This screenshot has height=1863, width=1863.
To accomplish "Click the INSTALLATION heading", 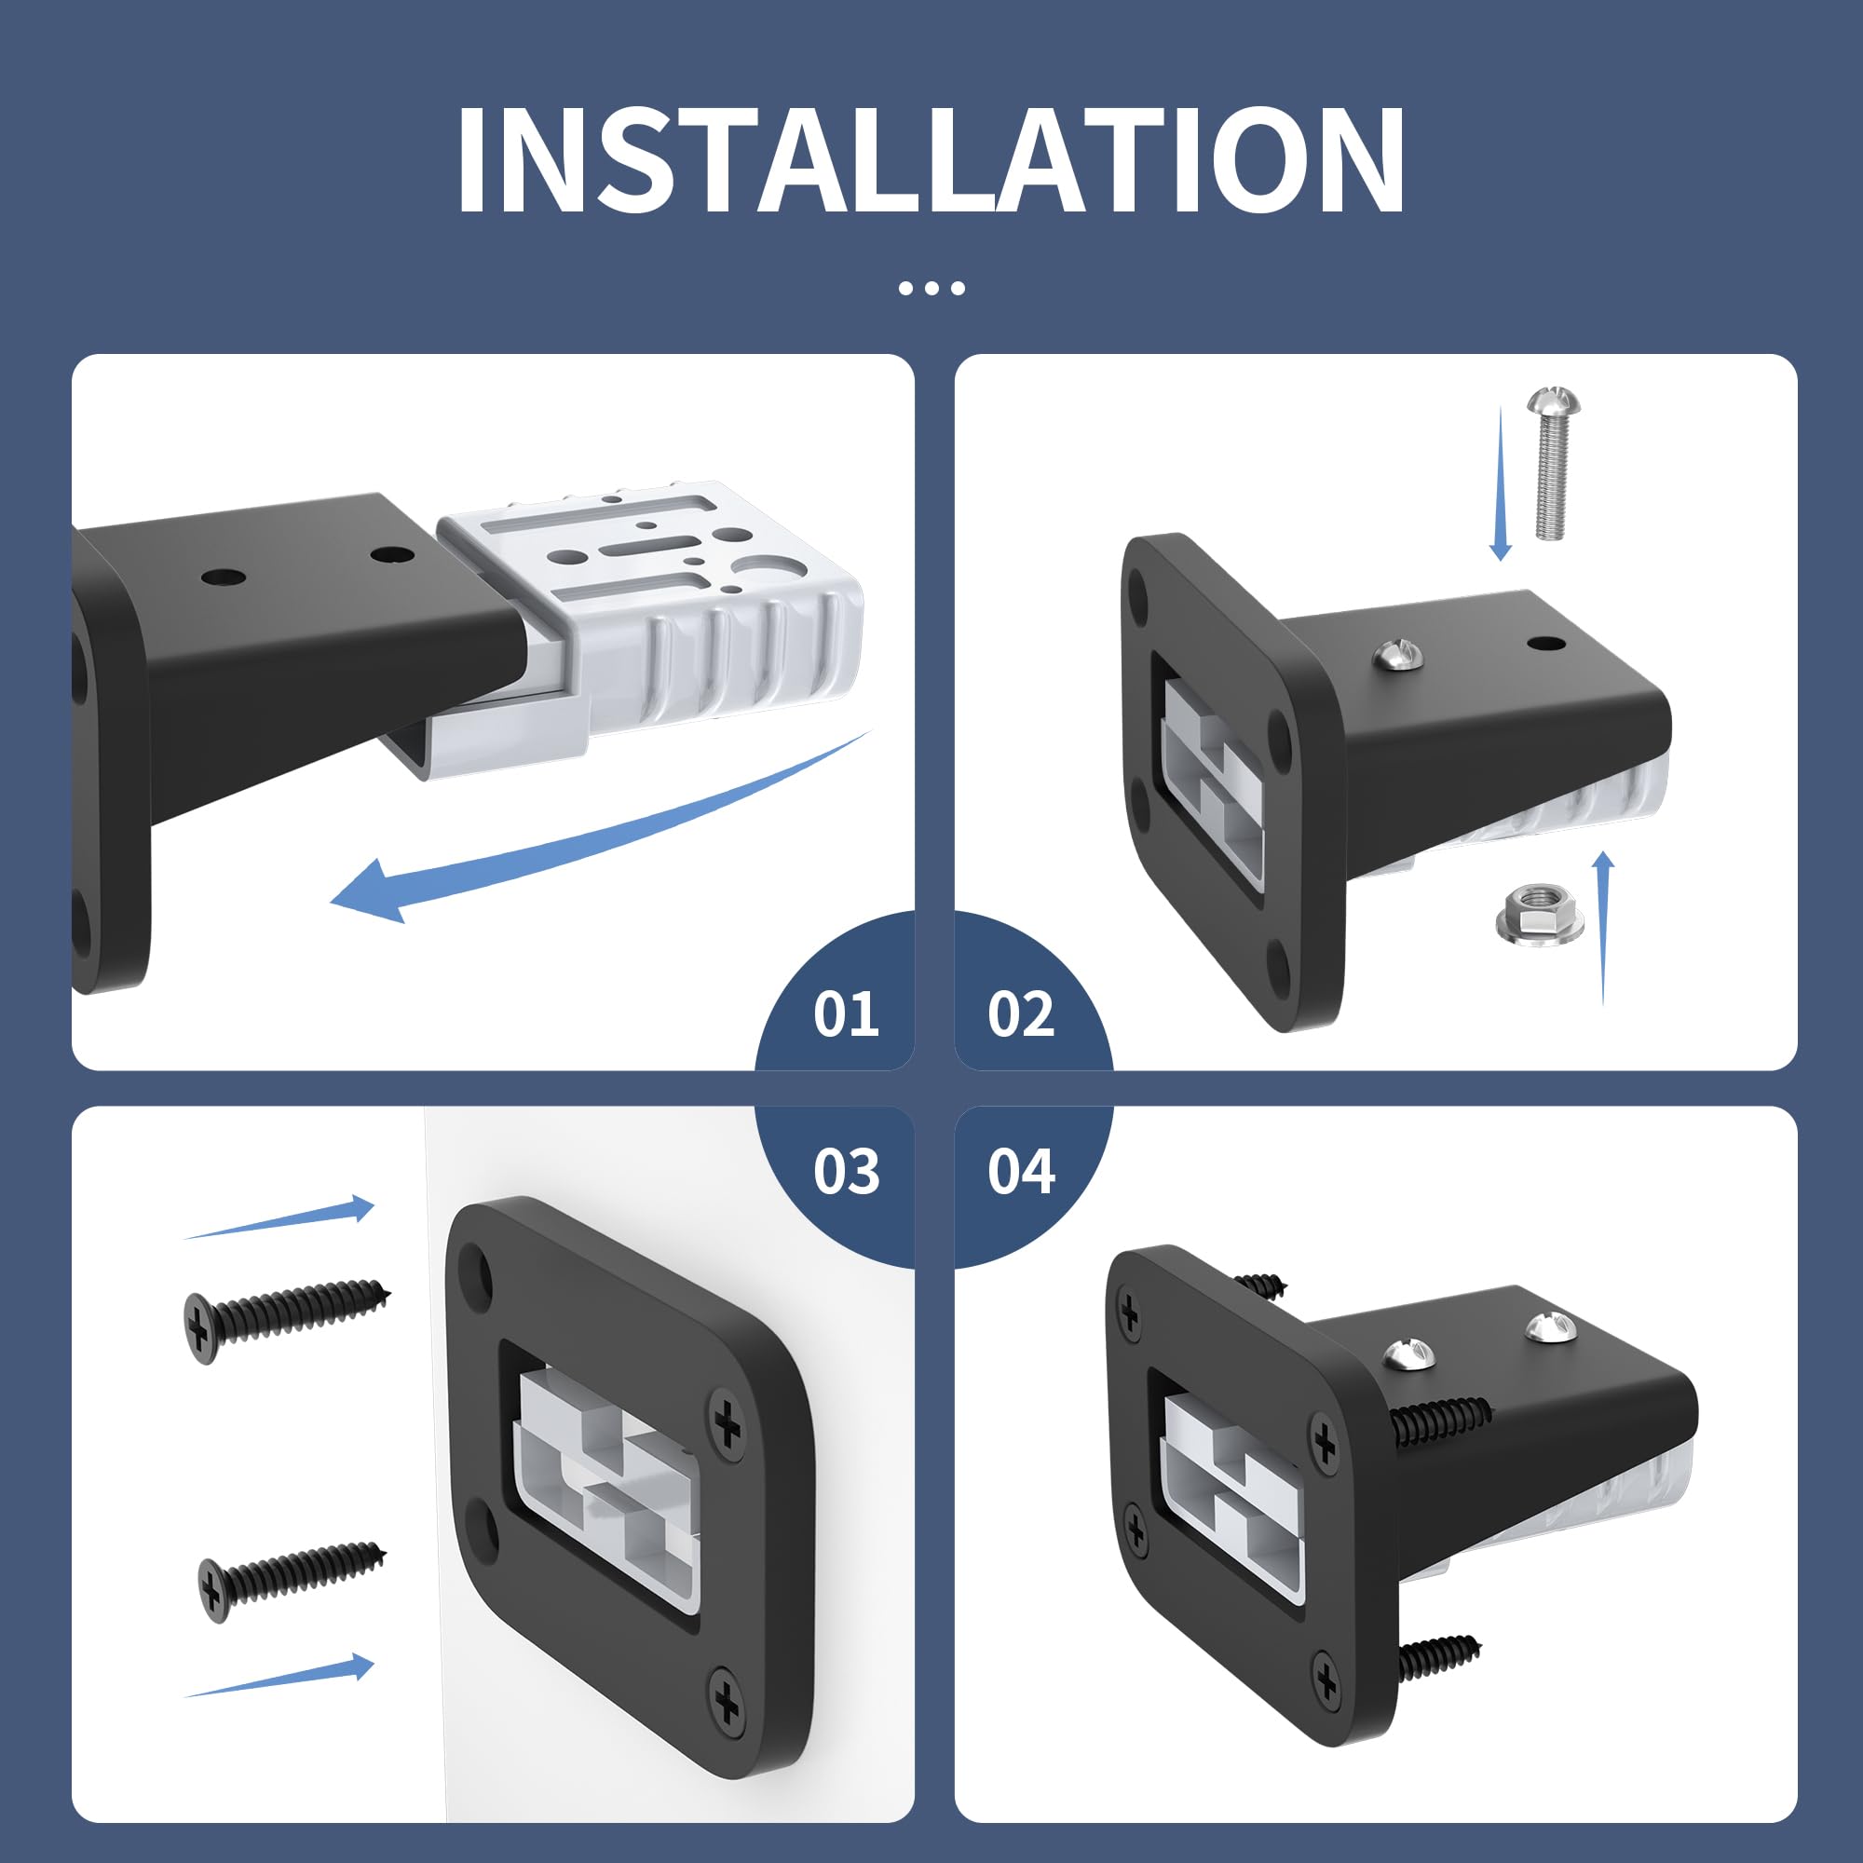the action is pos(931,158).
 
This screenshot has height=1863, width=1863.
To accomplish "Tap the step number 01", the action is pos(846,1014).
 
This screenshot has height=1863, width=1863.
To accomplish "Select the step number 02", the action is pos(1021,1014).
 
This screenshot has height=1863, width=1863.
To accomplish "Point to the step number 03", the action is pos(846,1172).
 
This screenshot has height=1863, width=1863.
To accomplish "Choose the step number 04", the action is pos(1021,1172).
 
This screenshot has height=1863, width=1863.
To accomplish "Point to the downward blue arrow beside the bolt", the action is pos(1501,483).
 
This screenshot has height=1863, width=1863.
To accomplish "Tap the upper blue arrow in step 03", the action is pos(279,1217).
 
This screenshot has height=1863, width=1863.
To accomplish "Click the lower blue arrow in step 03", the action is pos(279,1679).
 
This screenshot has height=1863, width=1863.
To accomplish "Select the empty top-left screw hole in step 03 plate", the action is pos(476,1271).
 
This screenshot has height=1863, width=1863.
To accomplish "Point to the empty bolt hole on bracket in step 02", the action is pos(1545,642).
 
